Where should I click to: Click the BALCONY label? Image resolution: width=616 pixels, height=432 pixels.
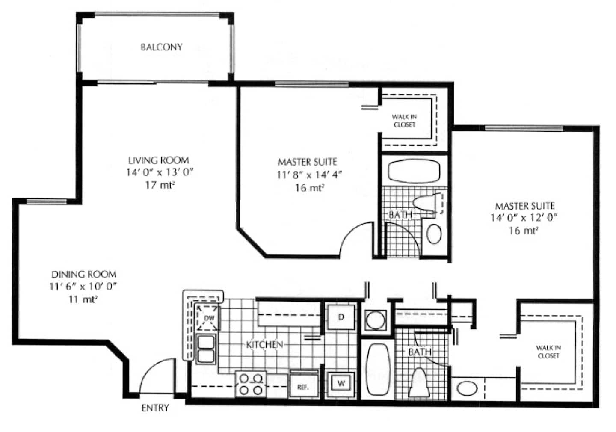161,47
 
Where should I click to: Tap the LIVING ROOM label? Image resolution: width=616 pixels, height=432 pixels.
159,160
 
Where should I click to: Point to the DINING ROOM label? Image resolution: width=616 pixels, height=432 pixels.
84,274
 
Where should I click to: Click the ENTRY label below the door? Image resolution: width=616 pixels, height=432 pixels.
155,408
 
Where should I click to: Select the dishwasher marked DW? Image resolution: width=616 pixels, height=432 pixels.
208,318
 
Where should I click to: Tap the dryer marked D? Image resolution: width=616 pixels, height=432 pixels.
341,317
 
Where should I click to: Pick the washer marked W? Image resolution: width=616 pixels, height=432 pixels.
341,383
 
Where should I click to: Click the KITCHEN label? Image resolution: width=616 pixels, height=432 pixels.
264,345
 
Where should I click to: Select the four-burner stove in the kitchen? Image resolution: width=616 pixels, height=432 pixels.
251,384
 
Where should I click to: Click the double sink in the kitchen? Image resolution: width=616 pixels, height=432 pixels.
206,349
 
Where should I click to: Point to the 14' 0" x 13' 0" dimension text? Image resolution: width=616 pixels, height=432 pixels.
160,172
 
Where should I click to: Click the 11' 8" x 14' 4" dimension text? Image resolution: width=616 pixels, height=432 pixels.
309,175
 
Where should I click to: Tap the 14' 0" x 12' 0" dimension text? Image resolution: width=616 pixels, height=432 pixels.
524,218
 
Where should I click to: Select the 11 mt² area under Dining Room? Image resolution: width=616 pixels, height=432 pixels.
83,299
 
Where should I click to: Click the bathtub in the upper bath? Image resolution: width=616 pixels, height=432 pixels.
414,172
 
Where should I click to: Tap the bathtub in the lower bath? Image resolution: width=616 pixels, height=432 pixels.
379,369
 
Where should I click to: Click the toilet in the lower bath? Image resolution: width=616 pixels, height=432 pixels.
419,382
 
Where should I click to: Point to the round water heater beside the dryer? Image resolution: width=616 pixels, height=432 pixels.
376,320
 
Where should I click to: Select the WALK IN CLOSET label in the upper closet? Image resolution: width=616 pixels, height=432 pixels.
404,121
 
